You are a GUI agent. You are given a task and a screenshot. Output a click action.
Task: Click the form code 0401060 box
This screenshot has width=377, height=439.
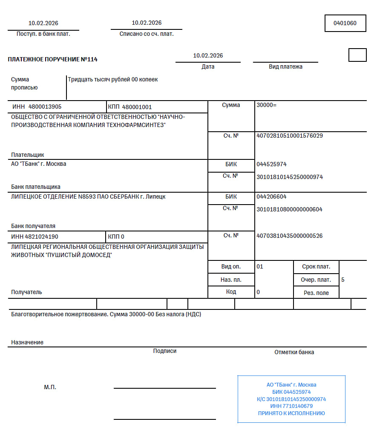[345, 23]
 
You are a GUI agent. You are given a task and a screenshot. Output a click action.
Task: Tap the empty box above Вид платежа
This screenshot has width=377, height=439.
[357, 55]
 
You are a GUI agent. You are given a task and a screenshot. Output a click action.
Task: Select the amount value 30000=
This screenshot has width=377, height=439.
[267, 105]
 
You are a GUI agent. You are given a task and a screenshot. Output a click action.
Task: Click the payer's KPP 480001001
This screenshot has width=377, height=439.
[137, 107]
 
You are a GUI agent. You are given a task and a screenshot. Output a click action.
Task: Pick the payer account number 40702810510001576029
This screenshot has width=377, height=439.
[290, 136]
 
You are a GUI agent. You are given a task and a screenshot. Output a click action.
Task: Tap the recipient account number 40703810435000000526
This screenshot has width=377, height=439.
[290, 236]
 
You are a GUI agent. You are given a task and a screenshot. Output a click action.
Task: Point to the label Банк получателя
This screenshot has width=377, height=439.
[33, 226]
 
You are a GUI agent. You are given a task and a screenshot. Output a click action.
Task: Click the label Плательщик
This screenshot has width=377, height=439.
[28, 155]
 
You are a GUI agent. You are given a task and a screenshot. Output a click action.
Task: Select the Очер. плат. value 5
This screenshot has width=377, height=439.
[343, 280]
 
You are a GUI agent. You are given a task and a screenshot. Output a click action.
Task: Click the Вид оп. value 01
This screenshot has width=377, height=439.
[260, 267]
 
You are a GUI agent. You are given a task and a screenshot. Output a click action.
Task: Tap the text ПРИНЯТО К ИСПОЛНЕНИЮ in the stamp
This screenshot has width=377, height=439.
[291, 413]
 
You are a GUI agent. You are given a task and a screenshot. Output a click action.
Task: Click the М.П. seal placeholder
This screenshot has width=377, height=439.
[50, 387]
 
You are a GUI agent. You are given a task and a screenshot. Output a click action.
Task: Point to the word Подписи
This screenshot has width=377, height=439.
[165, 351]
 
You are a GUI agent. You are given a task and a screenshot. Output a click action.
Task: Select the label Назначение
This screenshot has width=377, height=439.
[27, 342]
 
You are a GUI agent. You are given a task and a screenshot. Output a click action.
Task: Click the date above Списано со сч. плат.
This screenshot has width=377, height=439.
[147, 23]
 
